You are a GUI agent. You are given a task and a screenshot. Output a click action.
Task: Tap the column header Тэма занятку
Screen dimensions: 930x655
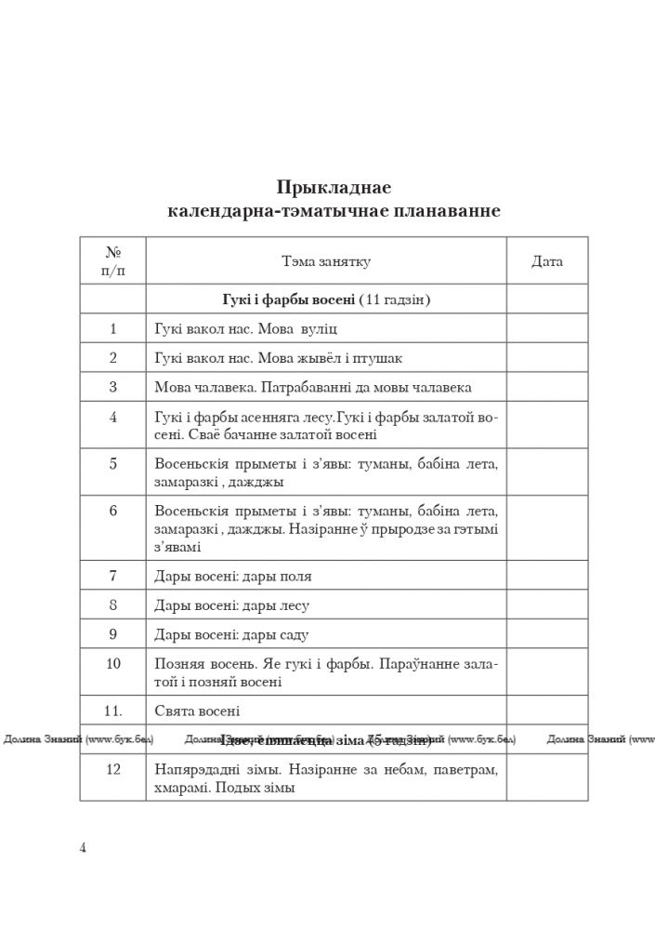tap(326, 261)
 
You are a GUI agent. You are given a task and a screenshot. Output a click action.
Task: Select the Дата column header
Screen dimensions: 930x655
tap(546, 261)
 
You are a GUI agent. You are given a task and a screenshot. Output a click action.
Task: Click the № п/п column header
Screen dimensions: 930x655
tap(113, 260)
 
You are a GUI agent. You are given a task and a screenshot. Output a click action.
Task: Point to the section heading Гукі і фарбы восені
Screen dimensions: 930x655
tap(289, 299)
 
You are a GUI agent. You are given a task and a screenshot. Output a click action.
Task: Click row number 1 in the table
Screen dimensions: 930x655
tap(113, 328)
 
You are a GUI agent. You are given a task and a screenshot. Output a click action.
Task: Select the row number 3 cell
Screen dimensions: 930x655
tap(113, 387)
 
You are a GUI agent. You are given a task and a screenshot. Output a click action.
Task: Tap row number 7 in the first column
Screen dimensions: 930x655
tap(113, 576)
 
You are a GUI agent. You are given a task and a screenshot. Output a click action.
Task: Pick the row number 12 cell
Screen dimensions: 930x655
tap(113, 770)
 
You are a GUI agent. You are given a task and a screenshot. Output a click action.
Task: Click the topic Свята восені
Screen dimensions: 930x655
tap(197, 711)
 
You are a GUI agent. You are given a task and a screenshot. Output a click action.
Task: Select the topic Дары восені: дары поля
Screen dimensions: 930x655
tap(233, 576)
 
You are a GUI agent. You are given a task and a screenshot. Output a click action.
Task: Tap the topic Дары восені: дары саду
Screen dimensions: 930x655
tap(231, 635)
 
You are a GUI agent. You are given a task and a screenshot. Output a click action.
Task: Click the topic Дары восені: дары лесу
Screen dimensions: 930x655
tap(232, 605)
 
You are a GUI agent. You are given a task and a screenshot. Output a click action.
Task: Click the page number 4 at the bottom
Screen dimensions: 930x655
tap(84, 847)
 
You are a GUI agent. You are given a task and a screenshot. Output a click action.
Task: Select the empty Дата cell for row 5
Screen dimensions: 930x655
tap(546, 472)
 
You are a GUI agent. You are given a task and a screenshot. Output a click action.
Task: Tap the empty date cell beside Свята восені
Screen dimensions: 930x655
tap(546, 711)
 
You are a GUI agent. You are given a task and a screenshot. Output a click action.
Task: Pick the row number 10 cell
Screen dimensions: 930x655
tap(113, 663)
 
